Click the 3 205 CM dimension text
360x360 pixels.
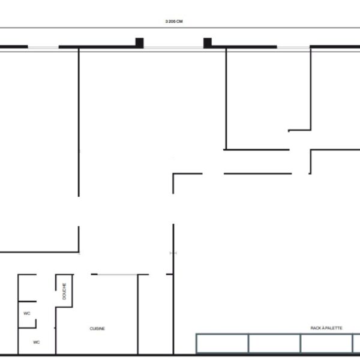(174, 22)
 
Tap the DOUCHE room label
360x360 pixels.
(64, 291)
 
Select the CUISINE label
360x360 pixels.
(97, 329)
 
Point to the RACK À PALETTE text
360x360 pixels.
(326, 328)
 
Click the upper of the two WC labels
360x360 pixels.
(27, 313)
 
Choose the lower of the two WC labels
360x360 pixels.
(36, 342)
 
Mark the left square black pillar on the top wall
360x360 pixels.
(139, 43)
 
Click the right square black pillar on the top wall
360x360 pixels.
(208, 43)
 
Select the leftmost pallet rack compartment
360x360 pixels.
(222, 343)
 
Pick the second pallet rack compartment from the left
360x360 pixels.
(274, 343)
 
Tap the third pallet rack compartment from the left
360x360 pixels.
(326, 343)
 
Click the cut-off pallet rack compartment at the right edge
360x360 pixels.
(356, 343)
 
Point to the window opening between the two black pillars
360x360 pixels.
(173, 47)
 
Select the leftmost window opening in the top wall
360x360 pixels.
(43, 47)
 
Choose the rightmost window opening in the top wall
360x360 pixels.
(293, 47)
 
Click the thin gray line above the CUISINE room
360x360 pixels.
(118, 274)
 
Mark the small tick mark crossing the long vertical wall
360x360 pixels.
(173, 253)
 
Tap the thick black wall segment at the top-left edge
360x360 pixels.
(14, 47)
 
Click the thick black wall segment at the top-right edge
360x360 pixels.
(335, 47)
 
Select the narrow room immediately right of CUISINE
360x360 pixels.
(155, 314)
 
